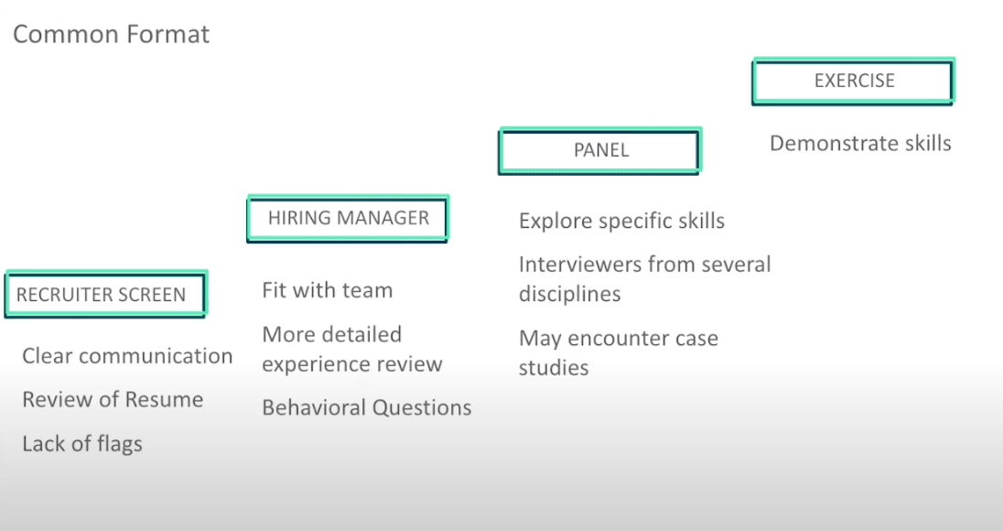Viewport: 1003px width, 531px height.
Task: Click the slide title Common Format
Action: (x=111, y=35)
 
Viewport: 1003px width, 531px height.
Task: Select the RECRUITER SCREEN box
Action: (x=105, y=294)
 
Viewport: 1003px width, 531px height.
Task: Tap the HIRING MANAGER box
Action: (x=348, y=218)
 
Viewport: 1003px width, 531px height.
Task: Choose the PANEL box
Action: (x=600, y=150)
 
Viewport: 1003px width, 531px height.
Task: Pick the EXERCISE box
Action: (x=854, y=81)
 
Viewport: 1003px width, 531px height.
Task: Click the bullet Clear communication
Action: (x=127, y=356)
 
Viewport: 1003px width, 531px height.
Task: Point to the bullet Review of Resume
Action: (x=113, y=400)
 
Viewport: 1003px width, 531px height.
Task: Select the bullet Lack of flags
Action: (x=82, y=444)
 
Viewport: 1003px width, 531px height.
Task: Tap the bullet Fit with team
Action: (x=327, y=290)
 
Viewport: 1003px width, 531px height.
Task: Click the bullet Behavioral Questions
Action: (x=366, y=407)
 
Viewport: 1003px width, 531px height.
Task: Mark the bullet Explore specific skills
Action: (x=621, y=221)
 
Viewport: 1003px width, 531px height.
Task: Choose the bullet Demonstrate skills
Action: (x=860, y=144)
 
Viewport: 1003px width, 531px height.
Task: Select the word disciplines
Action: (x=569, y=294)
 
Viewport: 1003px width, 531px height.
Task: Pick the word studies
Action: (x=554, y=368)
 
